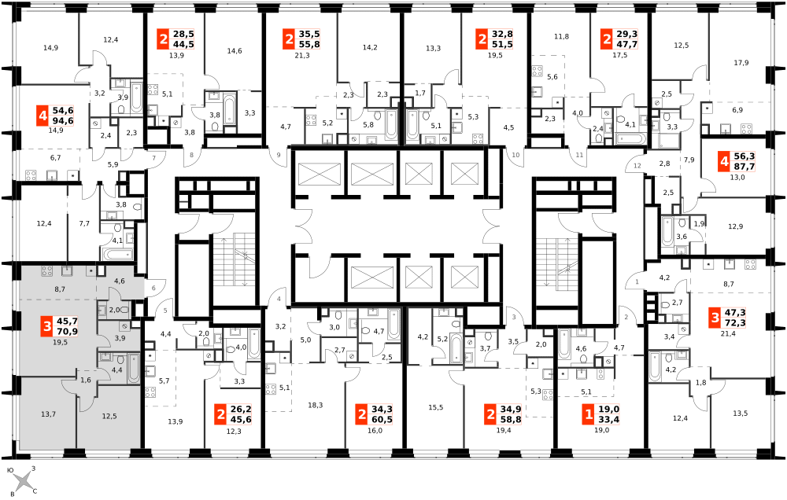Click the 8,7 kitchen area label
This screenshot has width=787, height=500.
[x=60, y=289]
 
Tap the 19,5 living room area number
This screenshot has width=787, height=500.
[x=60, y=342]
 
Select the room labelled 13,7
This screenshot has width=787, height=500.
[x=48, y=414]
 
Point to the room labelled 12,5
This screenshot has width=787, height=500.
[x=109, y=416]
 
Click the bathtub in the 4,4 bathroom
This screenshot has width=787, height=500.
[x=133, y=369]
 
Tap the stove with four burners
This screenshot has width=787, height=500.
[x=47, y=271]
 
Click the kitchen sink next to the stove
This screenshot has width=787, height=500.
[x=67, y=270]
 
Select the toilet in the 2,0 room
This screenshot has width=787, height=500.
[x=124, y=311]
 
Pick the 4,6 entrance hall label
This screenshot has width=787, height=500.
[x=120, y=281]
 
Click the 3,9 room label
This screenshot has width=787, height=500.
[x=120, y=338]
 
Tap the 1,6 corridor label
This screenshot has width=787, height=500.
[x=86, y=380]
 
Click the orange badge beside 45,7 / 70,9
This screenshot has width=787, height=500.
[x=47, y=326]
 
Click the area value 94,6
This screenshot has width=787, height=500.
[x=63, y=121]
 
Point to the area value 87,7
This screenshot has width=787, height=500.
[x=744, y=167]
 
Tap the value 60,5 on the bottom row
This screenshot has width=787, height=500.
[x=382, y=420]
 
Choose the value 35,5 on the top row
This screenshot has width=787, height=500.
[x=309, y=34]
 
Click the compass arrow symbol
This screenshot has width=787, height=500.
[x=23, y=480]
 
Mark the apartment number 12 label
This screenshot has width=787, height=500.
[x=637, y=165]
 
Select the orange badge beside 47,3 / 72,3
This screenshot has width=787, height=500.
[x=715, y=318]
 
